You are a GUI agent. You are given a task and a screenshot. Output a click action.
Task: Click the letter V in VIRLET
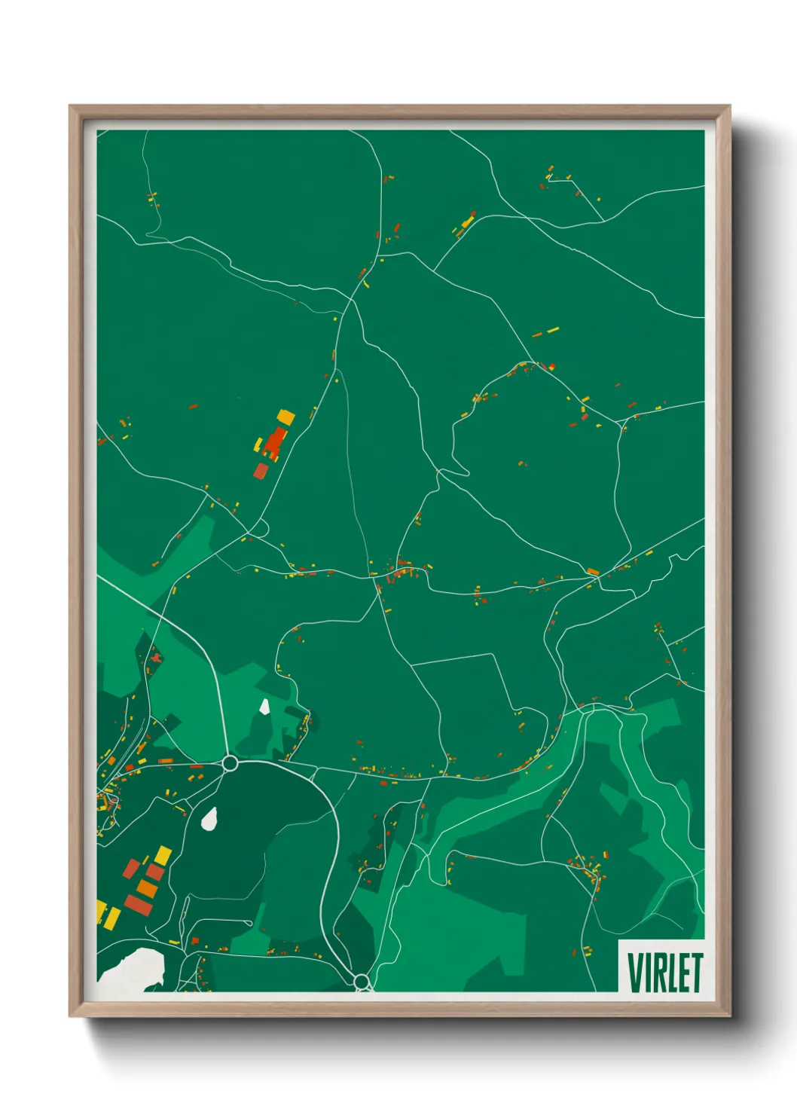[x=636, y=973]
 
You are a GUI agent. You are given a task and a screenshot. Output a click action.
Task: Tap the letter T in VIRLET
[x=696, y=973]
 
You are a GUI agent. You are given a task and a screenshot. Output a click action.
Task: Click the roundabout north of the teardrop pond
[x=231, y=763]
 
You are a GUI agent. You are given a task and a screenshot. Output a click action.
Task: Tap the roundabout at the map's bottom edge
[x=362, y=981]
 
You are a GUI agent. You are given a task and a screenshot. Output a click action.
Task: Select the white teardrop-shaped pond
[x=209, y=818]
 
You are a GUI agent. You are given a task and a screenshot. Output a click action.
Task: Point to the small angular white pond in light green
[x=264, y=706]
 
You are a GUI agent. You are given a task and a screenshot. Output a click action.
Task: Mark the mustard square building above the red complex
[x=286, y=416]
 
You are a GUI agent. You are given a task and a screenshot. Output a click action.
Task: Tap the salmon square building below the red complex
[x=261, y=471]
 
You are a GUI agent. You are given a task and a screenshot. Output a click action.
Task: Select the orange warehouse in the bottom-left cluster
[x=147, y=889]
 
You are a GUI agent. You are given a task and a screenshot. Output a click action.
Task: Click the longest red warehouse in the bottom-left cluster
[x=138, y=905]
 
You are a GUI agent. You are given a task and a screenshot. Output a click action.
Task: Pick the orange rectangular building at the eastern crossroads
[x=593, y=572]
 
